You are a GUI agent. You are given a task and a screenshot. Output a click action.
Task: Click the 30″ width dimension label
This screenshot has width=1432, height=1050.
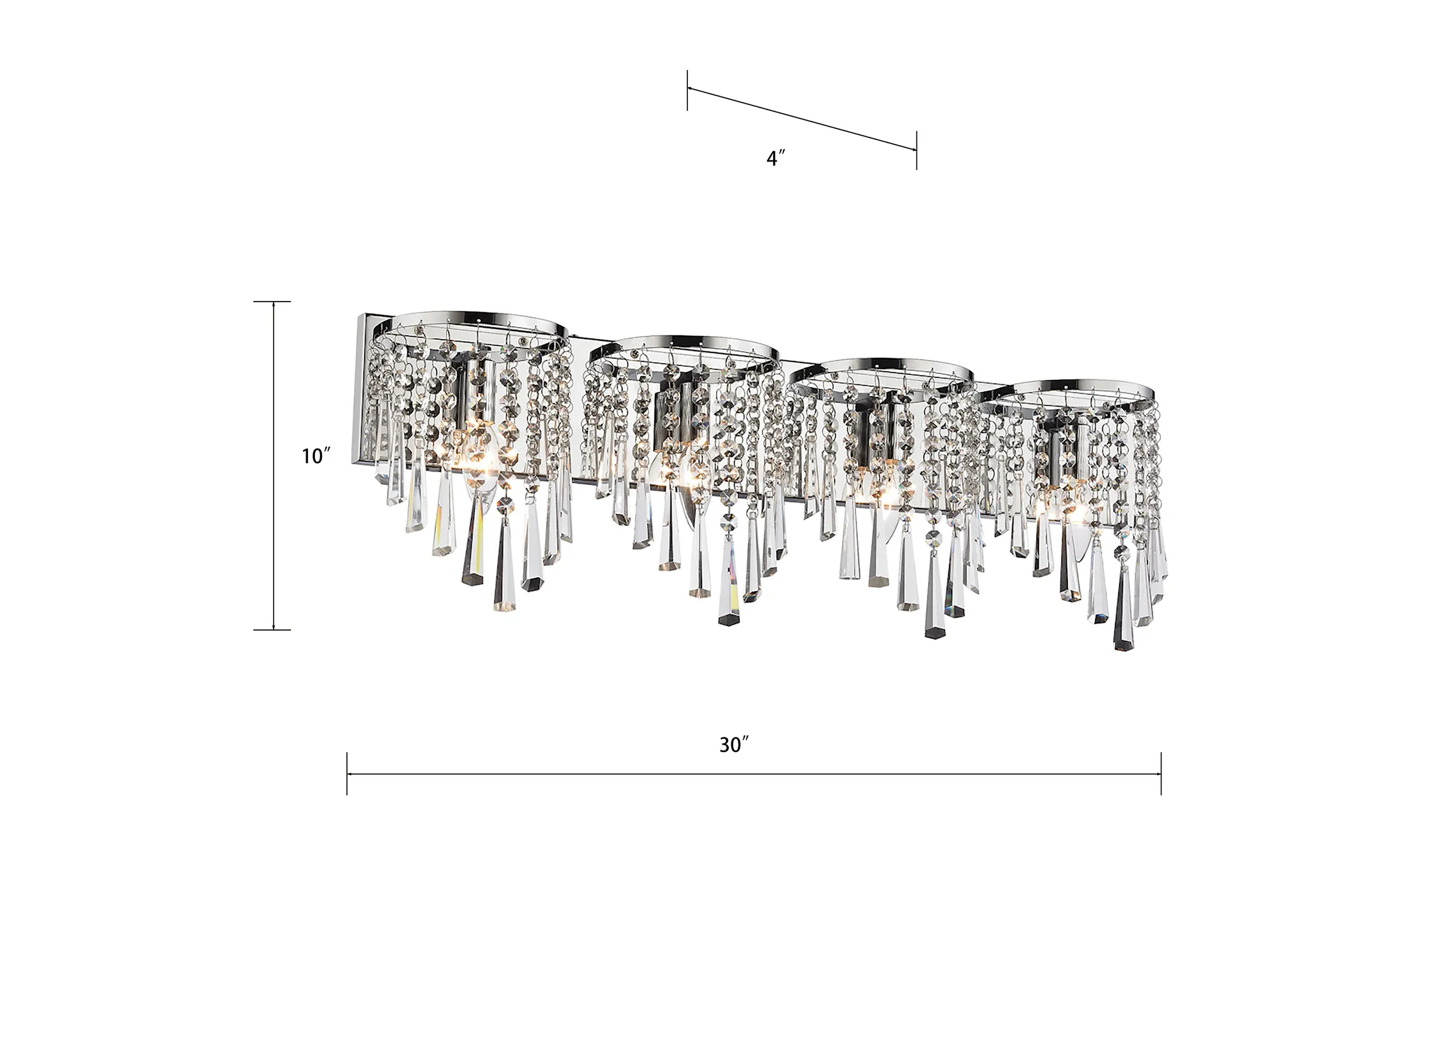[x=734, y=745]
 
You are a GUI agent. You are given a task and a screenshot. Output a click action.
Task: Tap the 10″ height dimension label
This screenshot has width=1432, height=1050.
[x=316, y=456]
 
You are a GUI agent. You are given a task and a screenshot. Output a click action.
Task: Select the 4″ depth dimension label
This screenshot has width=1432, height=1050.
[x=775, y=158]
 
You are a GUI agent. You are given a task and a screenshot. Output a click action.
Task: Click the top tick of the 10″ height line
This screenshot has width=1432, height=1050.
[x=272, y=302]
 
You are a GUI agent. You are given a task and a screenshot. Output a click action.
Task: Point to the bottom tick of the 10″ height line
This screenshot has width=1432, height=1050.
[x=272, y=630]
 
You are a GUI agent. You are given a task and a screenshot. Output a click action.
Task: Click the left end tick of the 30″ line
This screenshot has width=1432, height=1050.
[x=347, y=774]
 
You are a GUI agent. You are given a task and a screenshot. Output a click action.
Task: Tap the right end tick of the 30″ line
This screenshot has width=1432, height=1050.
[x=1161, y=774]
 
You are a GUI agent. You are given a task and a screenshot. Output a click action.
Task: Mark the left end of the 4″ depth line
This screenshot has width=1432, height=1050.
[x=687, y=89]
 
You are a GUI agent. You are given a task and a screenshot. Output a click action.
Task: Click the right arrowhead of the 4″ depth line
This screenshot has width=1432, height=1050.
[x=913, y=149]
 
